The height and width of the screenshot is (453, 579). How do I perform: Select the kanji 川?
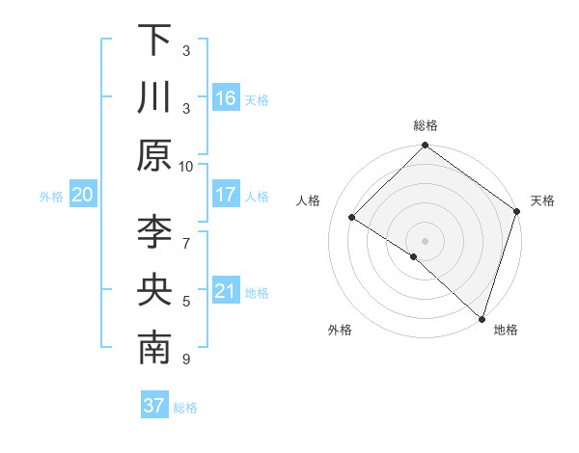click(154, 97)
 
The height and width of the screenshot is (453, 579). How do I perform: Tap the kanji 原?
click(154, 155)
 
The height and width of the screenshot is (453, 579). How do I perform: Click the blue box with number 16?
click(226, 97)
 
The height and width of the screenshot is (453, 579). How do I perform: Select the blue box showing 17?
click(226, 195)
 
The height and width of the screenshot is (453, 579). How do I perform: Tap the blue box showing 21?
click(226, 291)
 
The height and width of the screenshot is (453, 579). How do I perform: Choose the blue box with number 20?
click(82, 195)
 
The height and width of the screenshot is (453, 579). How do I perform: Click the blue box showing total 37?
click(153, 406)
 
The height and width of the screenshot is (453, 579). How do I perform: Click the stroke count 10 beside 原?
click(186, 165)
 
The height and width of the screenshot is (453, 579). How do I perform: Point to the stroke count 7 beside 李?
click(186, 232)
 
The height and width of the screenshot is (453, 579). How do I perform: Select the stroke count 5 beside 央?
click(186, 301)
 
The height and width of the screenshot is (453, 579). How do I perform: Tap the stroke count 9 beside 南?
click(186, 360)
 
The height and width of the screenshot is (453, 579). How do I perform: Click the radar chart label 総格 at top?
click(426, 125)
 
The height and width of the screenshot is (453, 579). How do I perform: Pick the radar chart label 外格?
click(340, 330)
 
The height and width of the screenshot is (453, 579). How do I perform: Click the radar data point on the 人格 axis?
click(352, 218)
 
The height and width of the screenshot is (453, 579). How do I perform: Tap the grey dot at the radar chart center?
click(426, 240)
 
